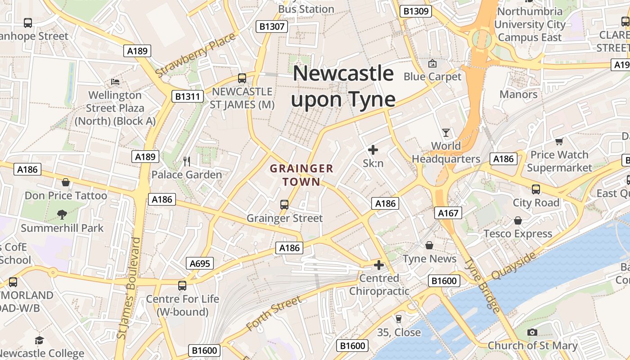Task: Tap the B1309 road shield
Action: [416, 11]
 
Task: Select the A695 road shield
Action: [200, 264]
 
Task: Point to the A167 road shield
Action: [448, 213]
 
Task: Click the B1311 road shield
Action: [188, 96]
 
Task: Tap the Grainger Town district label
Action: [301, 175]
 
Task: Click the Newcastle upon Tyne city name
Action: [343, 86]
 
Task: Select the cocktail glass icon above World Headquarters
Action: [446, 133]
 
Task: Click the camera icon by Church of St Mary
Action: [532, 333]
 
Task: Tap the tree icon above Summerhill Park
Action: [62, 215]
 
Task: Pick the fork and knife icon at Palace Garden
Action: [187, 161]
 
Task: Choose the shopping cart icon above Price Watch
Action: [559, 142]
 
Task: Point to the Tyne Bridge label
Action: [482, 286]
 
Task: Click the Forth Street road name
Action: [274, 314]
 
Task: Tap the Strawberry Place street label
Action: [195, 54]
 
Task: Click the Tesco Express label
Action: [517, 234]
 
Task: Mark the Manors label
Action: [518, 94]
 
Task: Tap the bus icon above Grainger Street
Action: [284, 205]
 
